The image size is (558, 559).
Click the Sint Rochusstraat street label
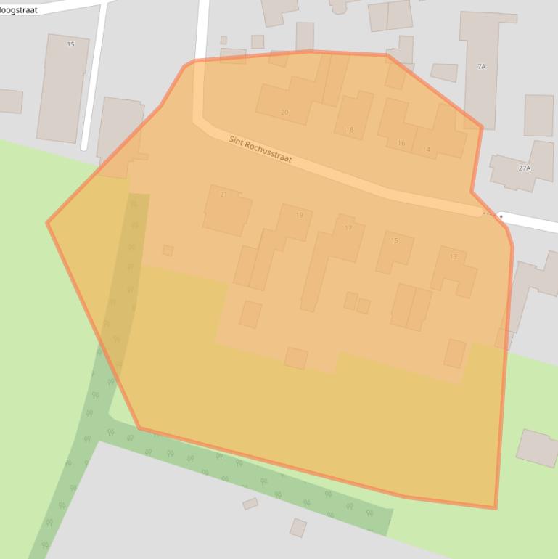[x=260, y=150]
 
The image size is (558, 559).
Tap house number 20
[x=284, y=113]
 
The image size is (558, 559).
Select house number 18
[x=350, y=130]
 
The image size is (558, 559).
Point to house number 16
[x=401, y=143]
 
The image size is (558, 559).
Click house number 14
[x=426, y=150]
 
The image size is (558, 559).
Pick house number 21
[x=223, y=195]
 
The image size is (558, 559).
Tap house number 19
[x=299, y=215]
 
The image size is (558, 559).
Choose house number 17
[x=348, y=228]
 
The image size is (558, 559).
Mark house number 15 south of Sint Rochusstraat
[x=395, y=240]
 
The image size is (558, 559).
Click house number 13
[x=454, y=256]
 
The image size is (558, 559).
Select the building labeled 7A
[x=481, y=66]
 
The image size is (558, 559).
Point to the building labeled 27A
[x=525, y=168]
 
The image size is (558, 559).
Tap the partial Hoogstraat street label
[x=19, y=10]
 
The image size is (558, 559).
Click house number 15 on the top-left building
[x=70, y=44]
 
